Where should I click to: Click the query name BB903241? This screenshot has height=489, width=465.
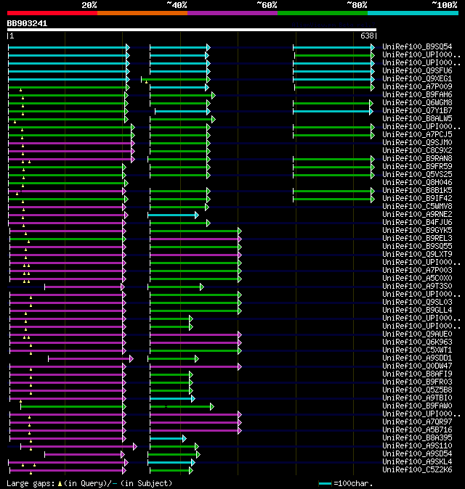(28, 23)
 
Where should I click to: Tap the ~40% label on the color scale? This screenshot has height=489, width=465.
(177, 5)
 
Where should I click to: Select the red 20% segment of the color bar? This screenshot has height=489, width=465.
(52, 13)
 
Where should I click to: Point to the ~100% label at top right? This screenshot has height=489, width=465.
(444, 5)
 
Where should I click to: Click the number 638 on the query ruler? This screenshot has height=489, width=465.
(368, 36)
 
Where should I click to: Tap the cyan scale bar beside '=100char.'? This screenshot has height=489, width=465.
(325, 483)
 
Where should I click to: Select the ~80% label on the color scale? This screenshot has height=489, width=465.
(356, 5)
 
